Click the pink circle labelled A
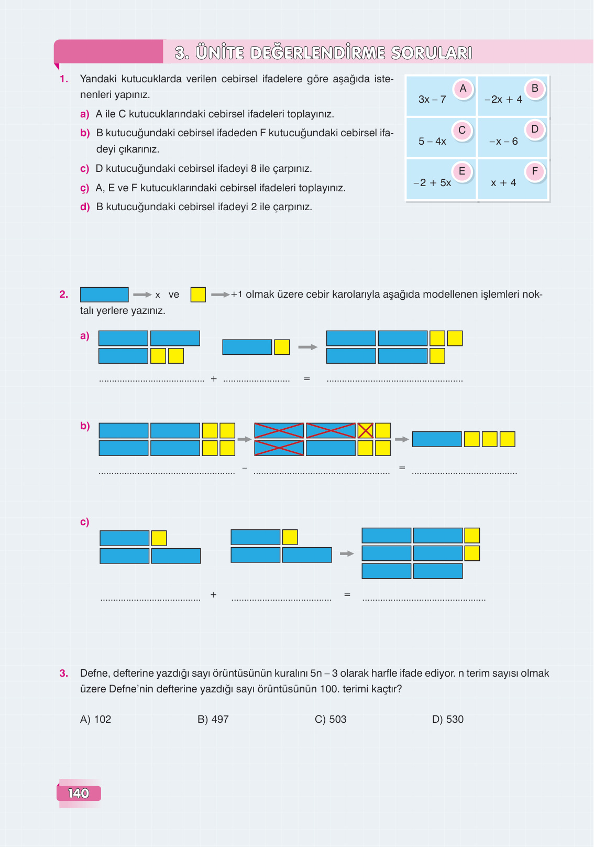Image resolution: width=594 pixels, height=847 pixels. [x=463, y=89]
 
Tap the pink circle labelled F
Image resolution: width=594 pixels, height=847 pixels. [x=535, y=172]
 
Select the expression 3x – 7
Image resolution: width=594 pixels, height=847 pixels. [x=432, y=100]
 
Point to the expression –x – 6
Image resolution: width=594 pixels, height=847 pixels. [x=503, y=142]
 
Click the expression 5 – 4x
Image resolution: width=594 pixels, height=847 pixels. [x=432, y=142]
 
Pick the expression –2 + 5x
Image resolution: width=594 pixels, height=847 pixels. [x=432, y=183]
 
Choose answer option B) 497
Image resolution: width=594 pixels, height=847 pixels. [x=213, y=719]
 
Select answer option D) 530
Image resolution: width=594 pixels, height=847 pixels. [x=448, y=719]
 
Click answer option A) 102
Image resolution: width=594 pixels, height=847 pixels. [x=96, y=719]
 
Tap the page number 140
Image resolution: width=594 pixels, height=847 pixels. [x=79, y=794]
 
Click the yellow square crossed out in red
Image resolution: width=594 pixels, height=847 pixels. [x=365, y=431]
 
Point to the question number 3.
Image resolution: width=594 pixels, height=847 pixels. [x=63, y=673]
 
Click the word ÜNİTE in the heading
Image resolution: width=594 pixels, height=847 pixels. [x=220, y=52]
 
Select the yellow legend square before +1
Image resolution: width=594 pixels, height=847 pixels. [x=198, y=295]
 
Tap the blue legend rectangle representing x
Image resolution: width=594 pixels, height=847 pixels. [x=104, y=295]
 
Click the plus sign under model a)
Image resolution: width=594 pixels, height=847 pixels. [x=214, y=378]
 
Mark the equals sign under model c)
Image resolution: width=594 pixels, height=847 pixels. [x=347, y=595]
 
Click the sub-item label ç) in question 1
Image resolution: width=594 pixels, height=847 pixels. [x=85, y=188]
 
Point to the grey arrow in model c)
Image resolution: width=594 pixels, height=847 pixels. [x=347, y=553]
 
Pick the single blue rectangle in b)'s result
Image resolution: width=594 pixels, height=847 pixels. [x=437, y=439]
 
